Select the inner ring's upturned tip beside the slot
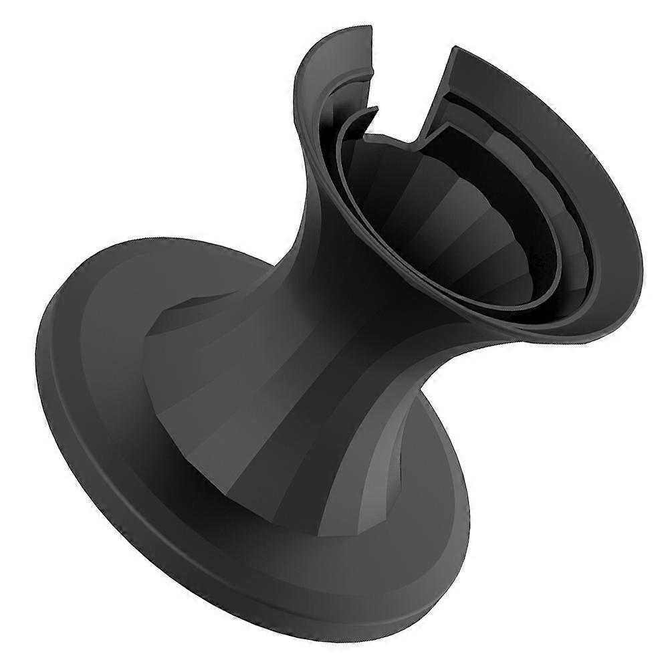(x=372, y=111)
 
